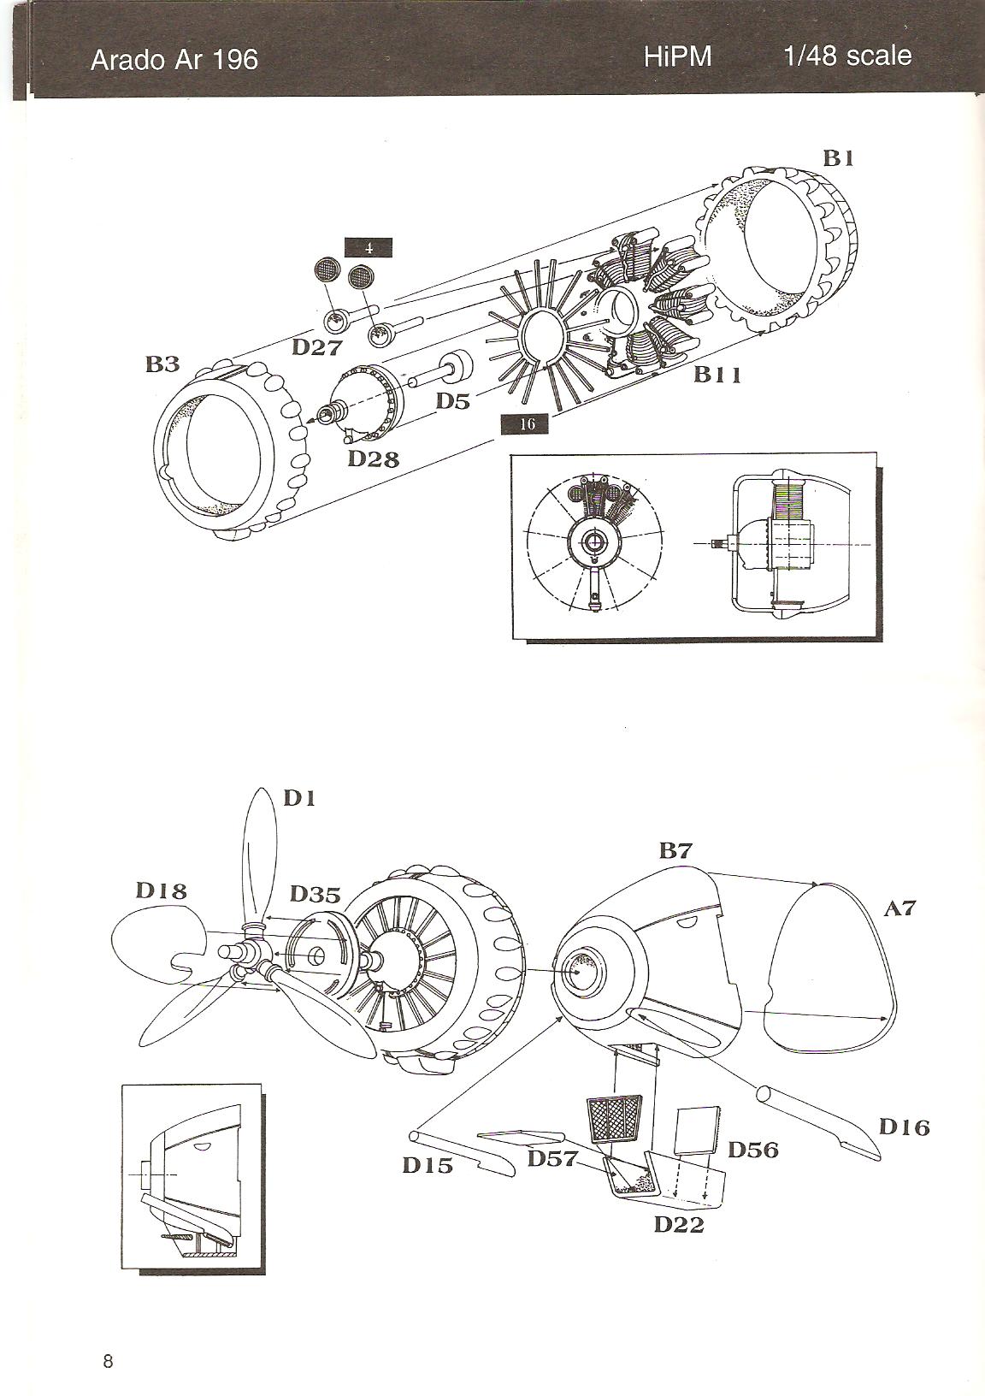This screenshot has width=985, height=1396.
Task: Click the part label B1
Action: [839, 158]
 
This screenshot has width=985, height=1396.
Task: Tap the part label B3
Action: [162, 364]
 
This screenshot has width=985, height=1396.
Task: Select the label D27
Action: [317, 347]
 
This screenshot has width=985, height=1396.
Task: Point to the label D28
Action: [374, 458]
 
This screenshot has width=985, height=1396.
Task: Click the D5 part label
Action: [453, 400]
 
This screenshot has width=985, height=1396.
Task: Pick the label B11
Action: [717, 374]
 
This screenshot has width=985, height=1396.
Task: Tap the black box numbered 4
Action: [369, 248]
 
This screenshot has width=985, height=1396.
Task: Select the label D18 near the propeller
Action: [161, 890]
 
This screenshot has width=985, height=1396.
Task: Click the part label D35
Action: [315, 895]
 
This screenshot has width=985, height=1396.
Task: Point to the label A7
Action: [899, 908]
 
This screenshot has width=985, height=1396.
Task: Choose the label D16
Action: [905, 1127]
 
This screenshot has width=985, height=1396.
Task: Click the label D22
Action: [679, 1224]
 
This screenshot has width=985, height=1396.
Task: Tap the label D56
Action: [753, 1150]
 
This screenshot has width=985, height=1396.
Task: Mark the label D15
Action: [428, 1164]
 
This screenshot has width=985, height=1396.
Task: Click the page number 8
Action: [108, 1361]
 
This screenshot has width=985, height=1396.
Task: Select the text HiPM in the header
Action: [678, 57]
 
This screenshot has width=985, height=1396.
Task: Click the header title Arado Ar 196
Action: [174, 60]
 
